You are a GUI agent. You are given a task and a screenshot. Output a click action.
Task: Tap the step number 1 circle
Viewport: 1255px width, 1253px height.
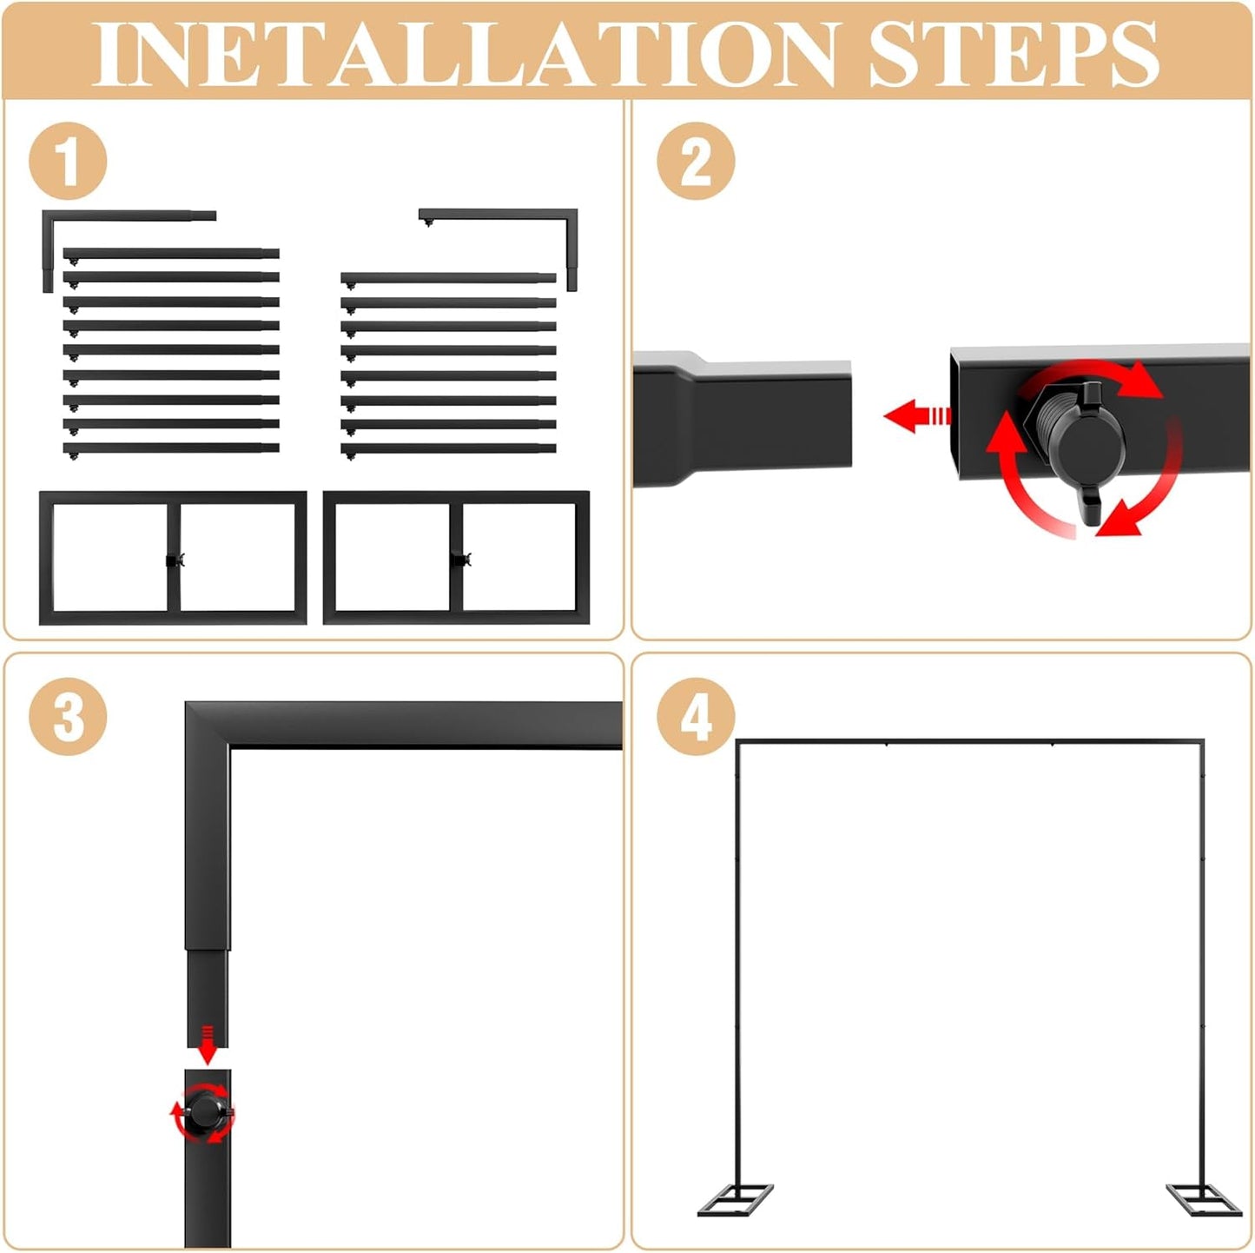pyautogui.click(x=68, y=162)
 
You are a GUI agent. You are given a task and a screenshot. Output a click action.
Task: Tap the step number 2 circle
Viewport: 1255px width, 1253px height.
pyautogui.click(x=695, y=162)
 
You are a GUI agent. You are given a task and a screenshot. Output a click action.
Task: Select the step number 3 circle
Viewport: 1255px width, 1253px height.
pyautogui.click(x=68, y=716)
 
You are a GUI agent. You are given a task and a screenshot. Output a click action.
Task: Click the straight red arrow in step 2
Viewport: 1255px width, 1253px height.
pyautogui.click(x=916, y=415)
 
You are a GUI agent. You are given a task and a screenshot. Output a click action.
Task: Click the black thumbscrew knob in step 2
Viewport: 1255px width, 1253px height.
pyautogui.click(x=1086, y=434)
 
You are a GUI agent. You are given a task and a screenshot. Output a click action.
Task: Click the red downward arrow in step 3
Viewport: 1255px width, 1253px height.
pyautogui.click(x=207, y=1044)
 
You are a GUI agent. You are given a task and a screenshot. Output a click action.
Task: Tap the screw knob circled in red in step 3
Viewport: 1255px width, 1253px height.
pyautogui.click(x=205, y=1111)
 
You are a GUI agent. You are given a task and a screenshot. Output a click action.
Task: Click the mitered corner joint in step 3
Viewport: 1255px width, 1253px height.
pyautogui.click(x=208, y=724)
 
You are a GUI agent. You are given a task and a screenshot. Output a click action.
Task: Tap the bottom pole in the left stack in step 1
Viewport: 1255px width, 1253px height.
pyautogui.click(x=171, y=448)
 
